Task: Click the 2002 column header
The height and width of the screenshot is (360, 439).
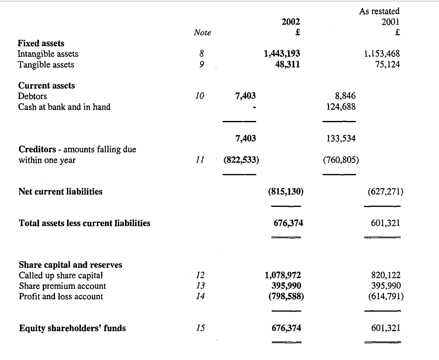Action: click(291, 22)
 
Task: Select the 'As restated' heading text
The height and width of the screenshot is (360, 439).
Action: click(379, 12)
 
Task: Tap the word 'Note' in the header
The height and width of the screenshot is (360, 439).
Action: click(202, 33)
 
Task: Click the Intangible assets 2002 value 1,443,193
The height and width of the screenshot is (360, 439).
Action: click(282, 53)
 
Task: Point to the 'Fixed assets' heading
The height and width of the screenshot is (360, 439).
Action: click(41, 43)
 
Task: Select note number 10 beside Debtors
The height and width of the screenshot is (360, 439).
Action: click(199, 96)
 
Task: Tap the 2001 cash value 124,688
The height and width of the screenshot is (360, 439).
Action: click(340, 107)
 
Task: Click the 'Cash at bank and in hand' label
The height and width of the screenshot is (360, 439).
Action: click(65, 107)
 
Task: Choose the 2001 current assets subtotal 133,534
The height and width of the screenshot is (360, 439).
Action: click(340, 139)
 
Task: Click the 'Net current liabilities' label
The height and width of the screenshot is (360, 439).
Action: click(61, 191)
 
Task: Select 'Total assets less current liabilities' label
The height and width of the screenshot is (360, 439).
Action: click(85, 223)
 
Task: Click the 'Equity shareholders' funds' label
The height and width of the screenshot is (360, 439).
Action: click(72, 328)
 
